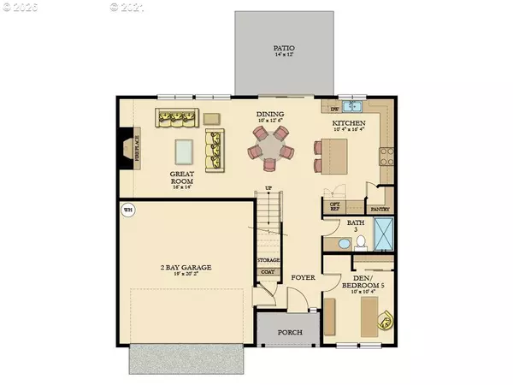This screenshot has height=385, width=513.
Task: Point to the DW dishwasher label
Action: (x=336, y=109)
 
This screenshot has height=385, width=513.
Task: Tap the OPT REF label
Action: (x=335, y=204)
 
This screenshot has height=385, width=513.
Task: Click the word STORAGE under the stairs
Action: (x=268, y=259)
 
